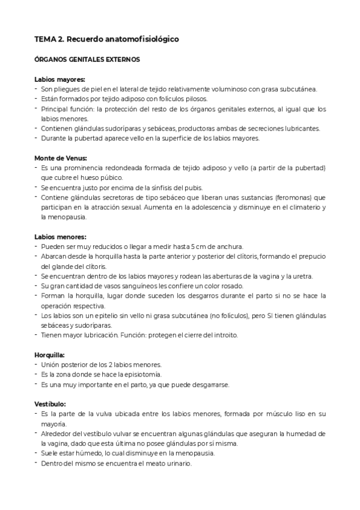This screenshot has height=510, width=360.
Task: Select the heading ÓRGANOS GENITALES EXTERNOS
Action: point(87,60)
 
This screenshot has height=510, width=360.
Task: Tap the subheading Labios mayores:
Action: point(59,79)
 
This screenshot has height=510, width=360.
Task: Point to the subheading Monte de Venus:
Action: point(61,158)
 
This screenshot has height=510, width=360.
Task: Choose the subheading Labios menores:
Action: point(60,236)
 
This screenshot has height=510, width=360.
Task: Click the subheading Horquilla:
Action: point(50,355)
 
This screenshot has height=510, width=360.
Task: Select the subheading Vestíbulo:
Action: point(50,404)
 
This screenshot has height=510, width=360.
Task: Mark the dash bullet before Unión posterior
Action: point(37,364)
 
